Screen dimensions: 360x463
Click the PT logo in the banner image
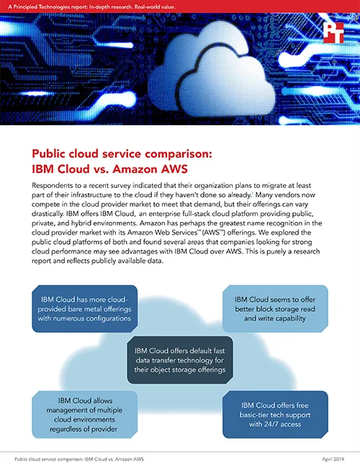(x=333, y=33)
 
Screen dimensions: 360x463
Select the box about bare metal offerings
(x=84, y=309)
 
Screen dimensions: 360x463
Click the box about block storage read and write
(x=275, y=309)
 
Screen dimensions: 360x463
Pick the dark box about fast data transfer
(x=180, y=360)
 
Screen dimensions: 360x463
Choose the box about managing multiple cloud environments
(x=84, y=415)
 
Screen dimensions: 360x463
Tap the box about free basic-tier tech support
(x=275, y=415)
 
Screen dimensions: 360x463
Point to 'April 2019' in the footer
(x=333, y=459)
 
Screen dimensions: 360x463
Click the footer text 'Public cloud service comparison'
(x=49, y=459)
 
